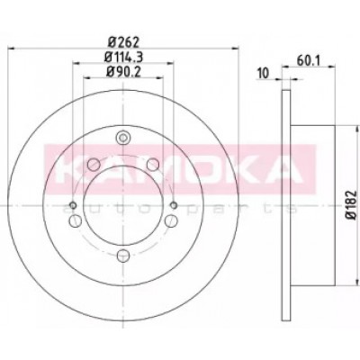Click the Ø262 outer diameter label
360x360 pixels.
(123, 43)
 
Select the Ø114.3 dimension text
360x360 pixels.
(123, 57)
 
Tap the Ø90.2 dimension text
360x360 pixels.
(123, 71)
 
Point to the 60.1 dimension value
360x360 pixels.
(309, 61)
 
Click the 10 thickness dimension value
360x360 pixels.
(263, 74)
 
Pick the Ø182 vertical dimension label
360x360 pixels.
(352, 204)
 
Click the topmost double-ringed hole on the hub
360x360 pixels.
(123, 138)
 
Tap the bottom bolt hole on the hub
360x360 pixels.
(123, 256)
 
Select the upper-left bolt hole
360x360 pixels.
(94, 164)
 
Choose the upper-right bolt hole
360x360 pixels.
(153, 164)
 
